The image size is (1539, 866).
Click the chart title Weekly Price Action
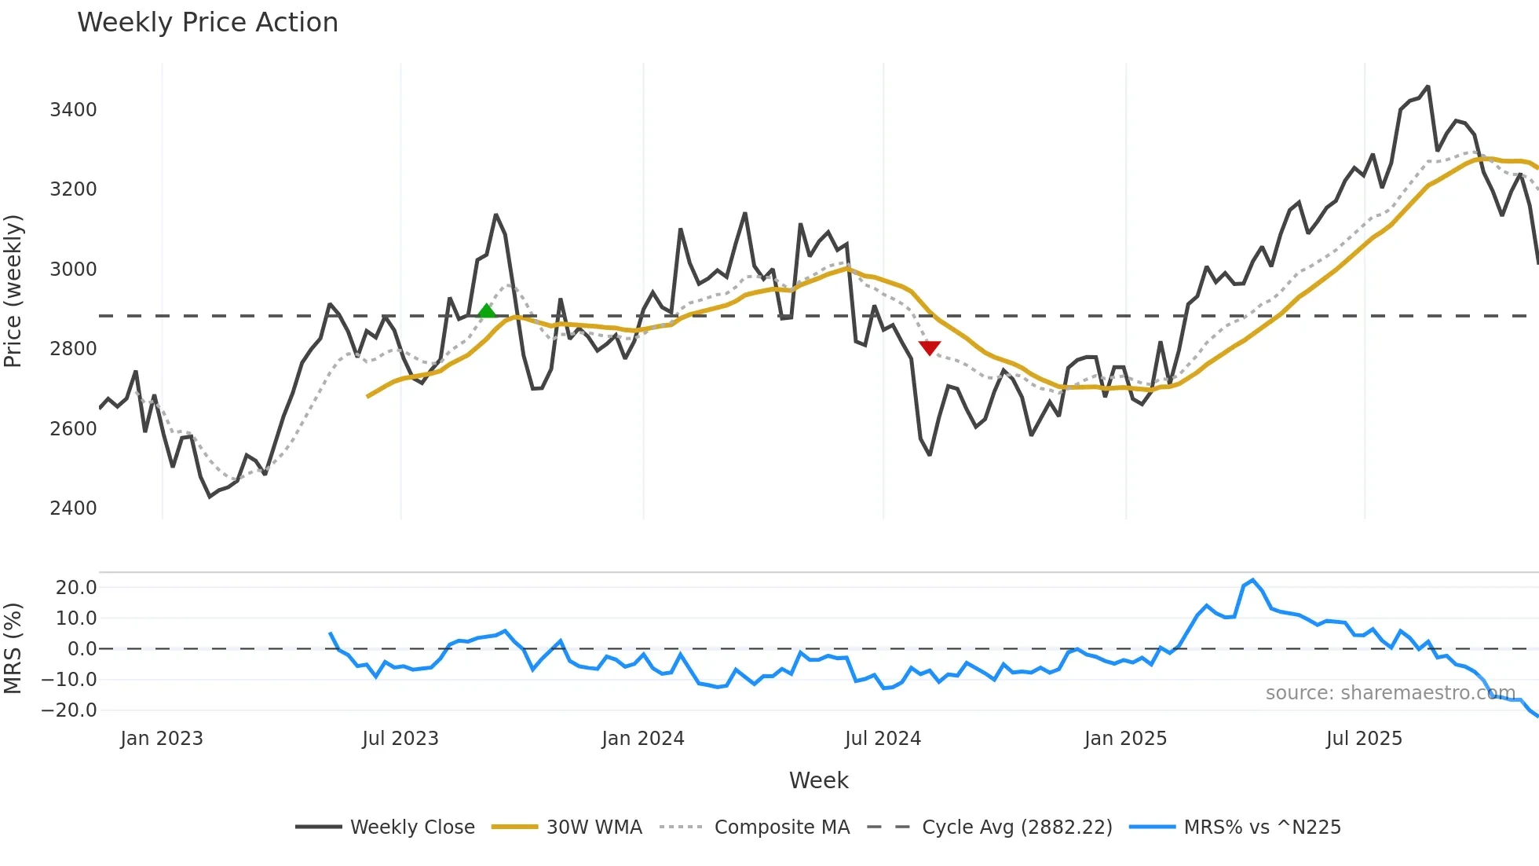pyautogui.click(x=207, y=23)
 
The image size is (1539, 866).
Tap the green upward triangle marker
pyautogui.click(x=487, y=311)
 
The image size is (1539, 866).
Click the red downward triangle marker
pyautogui.click(x=930, y=347)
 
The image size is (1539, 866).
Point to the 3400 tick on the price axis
pyautogui.click(x=73, y=110)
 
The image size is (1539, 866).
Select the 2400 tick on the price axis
pyautogui.click(x=73, y=508)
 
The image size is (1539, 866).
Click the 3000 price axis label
pyautogui.click(x=73, y=270)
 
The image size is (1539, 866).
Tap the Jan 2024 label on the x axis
pyautogui.click(x=643, y=739)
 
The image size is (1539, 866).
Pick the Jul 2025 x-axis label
pyautogui.click(x=1364, y=739)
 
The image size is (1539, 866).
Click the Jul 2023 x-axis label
pyautogui.click(x=400, y=739)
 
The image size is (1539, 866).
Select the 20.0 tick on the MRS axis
pyautogui.click(x=76, y=588)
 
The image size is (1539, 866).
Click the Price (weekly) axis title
pyautogui.click(x=13, y=291)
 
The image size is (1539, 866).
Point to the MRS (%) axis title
pyautogui.click(x=13, y=648)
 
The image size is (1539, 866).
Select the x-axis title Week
pyautogui.click(x=818, y=780)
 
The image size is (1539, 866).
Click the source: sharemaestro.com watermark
pyautogui.click(x=1390, y=693)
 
